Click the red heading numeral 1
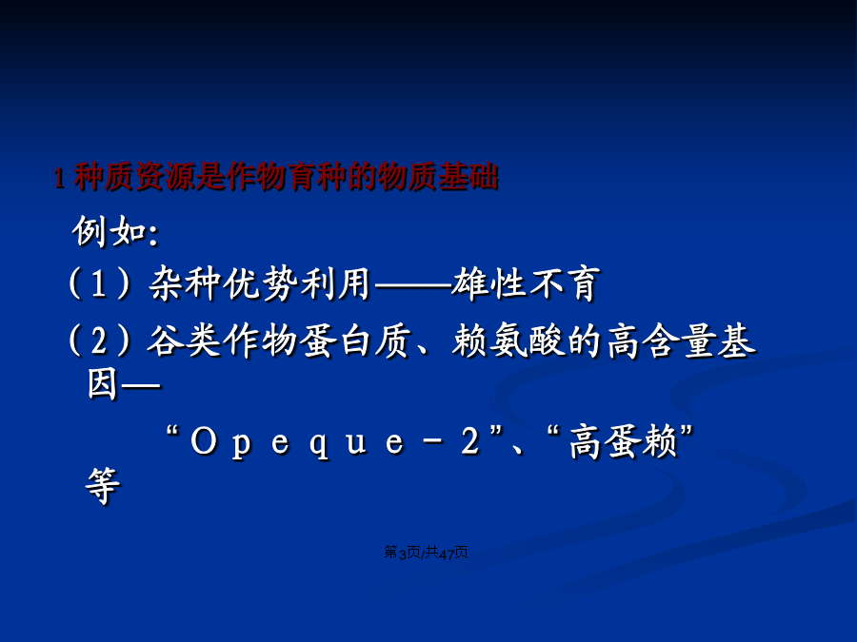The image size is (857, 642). tap(59, 178)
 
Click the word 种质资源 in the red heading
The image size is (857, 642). tap(134, 177)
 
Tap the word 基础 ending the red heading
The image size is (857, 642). tap(468, 177)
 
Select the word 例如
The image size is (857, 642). tap(110, 231)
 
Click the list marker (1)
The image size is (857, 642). tap(99, 282)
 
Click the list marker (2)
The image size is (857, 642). tap(99, 340)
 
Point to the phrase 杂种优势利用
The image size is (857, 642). tap(260, 283)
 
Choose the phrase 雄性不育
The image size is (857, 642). tap(526, 283)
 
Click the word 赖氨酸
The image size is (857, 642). tap(508, 340)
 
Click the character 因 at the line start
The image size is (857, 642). tap(102, 384)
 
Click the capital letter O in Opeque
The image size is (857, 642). tap(204, 441)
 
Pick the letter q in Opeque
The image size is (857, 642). tap(319, 444)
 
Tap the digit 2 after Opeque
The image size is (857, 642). tap(470, 441)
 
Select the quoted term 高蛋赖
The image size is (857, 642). tap(624, 441)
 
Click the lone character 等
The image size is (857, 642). tap(102, 485)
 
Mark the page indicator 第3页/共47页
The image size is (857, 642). tap(426, 553)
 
